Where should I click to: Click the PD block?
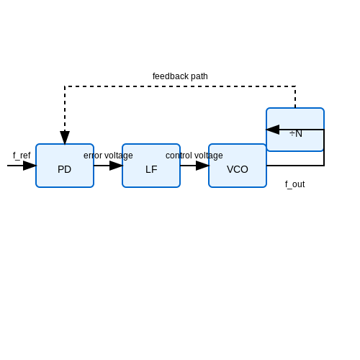(x=65, y=166)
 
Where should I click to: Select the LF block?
(x=151, y=166)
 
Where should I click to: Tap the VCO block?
(x=238, y=166)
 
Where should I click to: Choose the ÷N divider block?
(x=295, y=130)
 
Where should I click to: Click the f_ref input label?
(x=22, y=156)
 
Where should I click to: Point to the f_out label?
(x=295, y=184)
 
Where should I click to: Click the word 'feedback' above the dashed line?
(x=171, y=76)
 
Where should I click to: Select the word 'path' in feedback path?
(x=199, y=76)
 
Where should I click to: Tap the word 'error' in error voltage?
(x=93, y=156)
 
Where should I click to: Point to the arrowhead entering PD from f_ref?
(x=30, y=166)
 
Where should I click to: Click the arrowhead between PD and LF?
(x=116, y=166)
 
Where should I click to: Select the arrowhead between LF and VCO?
(x=202, y=166)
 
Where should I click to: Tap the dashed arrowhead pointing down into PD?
(x=65, y=138)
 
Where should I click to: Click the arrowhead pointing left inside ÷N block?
(x=273, y=130)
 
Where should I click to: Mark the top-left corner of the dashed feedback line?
(x=65, y=86)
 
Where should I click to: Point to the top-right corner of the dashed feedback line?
(x=295, y=86)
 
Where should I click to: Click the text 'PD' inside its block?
(x=64, y=169)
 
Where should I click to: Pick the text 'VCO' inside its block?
(x=238, y=169)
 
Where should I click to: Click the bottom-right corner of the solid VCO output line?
(x=324, y=166)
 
